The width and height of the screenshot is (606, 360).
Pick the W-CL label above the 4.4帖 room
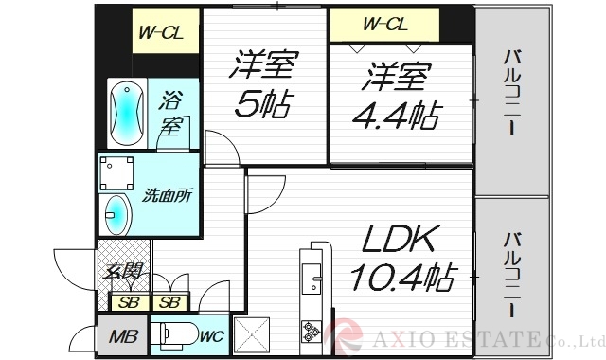pos(384,24)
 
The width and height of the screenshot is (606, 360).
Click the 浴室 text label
pos(171,111)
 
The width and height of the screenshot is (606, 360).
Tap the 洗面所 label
pos(168,197)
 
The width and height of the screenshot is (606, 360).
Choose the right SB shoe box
pos(170,303)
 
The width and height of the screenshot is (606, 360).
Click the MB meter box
pos(121,336)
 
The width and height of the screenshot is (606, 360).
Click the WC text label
pos(211,334)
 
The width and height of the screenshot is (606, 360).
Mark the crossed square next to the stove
pos(251,334)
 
